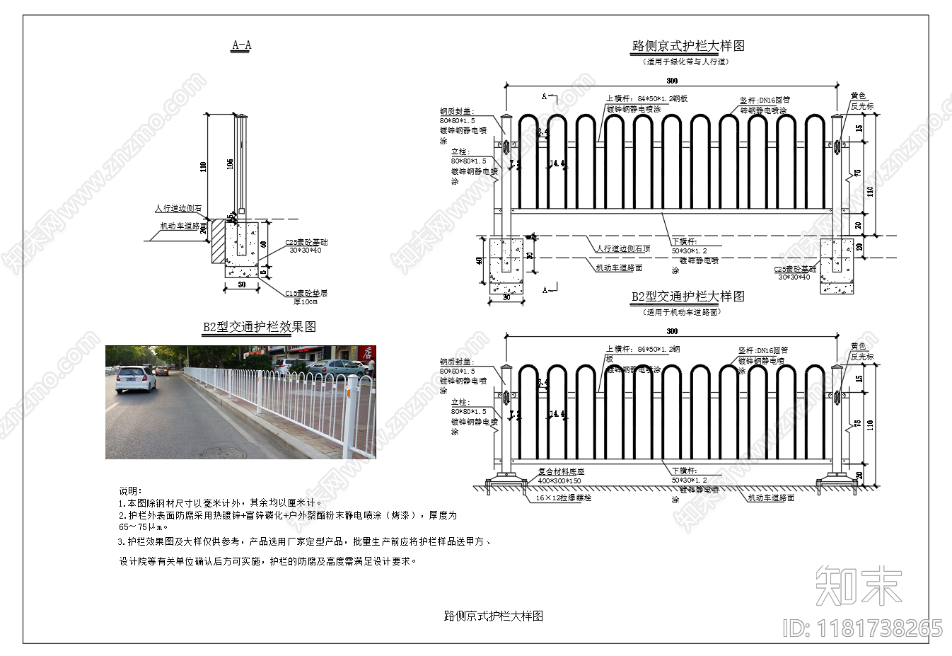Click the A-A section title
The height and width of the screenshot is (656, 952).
241,46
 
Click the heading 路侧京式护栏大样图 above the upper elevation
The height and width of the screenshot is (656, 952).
687,46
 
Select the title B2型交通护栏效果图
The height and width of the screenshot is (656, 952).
259,327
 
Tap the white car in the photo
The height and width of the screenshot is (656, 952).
135,379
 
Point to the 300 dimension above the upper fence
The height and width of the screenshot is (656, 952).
671,81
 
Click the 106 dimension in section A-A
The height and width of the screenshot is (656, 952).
230,164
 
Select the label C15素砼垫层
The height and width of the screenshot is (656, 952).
306,293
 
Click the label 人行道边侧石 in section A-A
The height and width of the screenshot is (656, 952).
178,209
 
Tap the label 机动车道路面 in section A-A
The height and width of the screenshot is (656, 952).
183,226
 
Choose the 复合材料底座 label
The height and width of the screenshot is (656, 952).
561,471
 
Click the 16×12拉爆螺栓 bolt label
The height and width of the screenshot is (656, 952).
563,498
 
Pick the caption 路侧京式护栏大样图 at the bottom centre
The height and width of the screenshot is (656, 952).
493,616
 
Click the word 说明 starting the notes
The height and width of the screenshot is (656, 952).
130,491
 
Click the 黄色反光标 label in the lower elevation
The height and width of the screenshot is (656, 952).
861,351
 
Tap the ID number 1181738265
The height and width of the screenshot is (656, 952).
862,628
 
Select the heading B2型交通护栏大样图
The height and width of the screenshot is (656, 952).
687,297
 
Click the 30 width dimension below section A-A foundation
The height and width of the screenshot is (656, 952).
242,284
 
